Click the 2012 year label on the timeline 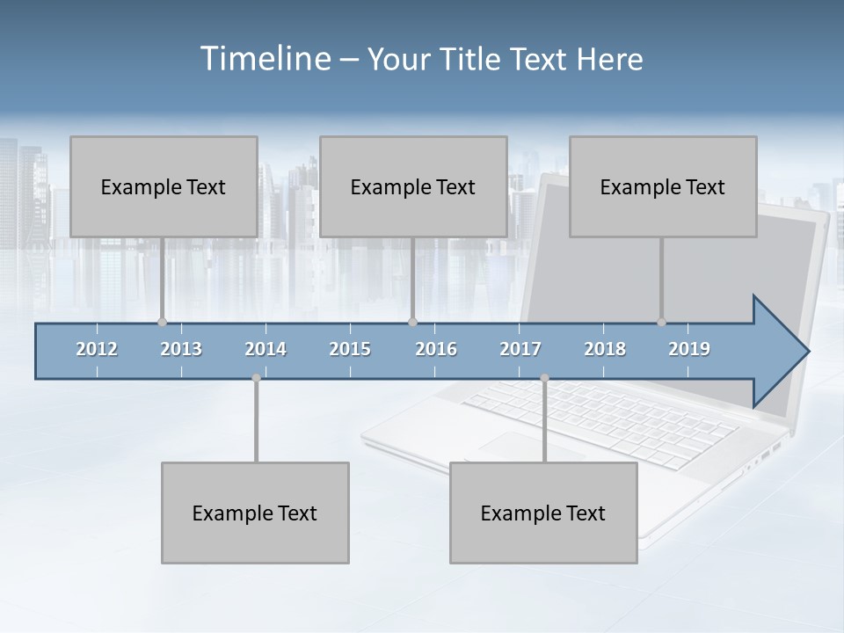(97, 349)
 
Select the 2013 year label (181, 349)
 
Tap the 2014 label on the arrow (266, 349)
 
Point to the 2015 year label (350, 349)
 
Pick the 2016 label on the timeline (436, 349)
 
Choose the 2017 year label (520, 349)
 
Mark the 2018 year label (605, 349)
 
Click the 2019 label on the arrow (689, 349)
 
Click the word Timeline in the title (264, 59)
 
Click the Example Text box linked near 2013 (164, 186)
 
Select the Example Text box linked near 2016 (413, 186)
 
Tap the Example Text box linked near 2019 (663, 186)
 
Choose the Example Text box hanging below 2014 (255, 513)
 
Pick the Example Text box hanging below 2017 (543, 513)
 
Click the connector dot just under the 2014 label (256, 378)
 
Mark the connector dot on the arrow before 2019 (661, 322)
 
